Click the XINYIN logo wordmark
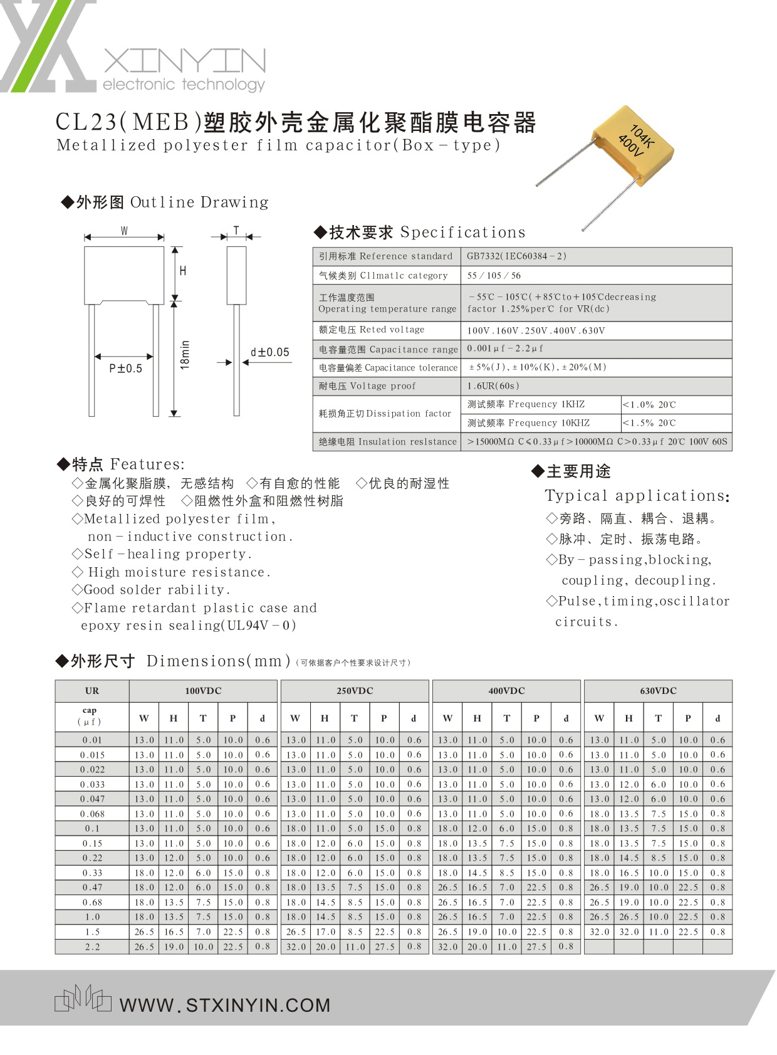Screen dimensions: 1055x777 [184, 63]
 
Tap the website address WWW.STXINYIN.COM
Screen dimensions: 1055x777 [225, 1005]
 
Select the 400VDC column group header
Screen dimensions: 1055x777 [506, 691]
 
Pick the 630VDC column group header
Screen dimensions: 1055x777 [658, 691]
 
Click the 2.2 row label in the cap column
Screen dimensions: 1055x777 [92, 947]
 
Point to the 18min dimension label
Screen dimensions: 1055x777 [185, 355]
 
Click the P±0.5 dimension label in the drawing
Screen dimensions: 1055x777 [125, 369]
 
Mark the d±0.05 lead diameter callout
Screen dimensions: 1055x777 [270, 352]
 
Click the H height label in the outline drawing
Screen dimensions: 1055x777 [183, 271]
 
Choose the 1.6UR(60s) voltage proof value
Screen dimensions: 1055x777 [494, 386]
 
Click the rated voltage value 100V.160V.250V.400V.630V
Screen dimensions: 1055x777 [536, 330]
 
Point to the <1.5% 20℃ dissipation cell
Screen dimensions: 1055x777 [649, 423]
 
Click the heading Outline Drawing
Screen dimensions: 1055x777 [199, 202]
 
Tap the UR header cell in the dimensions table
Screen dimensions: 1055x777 [92, 691]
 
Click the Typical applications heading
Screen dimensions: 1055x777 [637, 496]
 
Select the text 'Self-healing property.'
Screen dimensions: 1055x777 [167, 554]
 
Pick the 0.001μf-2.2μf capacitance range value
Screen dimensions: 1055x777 [505, 349]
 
